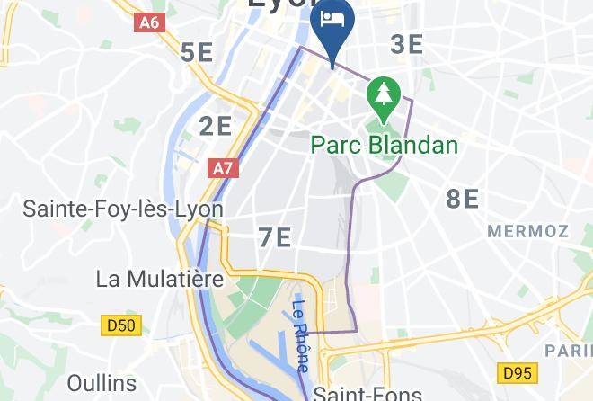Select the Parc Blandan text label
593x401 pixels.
[385, 145]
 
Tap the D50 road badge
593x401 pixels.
[122, 325]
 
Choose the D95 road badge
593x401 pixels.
[517, 371]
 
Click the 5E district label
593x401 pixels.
[197, 52]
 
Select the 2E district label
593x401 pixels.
[216, 126]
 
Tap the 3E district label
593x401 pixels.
[407, 44]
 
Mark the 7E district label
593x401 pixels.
[275, 237]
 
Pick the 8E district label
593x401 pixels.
[463, 199]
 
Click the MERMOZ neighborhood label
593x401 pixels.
[529, 231]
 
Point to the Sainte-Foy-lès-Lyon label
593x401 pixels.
[123, 209]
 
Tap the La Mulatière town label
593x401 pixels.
[159, 279]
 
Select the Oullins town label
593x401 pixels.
[101, 384]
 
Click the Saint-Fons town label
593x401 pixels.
[367, 393]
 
